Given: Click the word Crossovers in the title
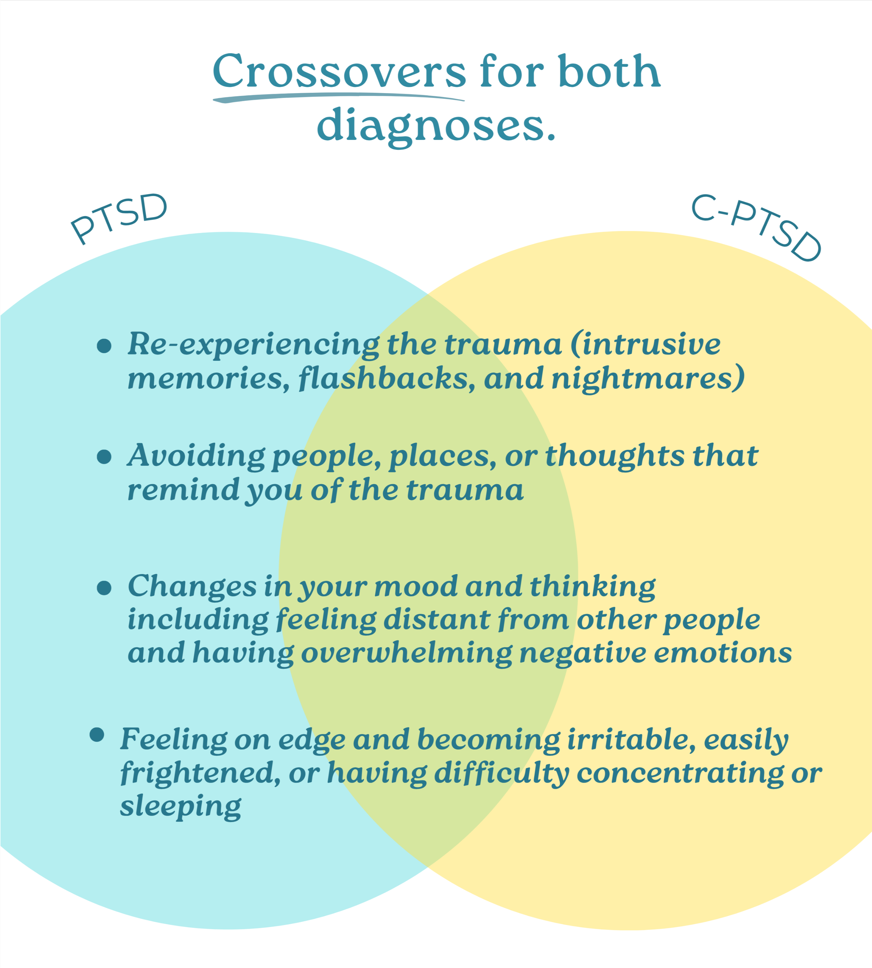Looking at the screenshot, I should click(339, 72).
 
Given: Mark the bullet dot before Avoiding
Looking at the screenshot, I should click(104, 456).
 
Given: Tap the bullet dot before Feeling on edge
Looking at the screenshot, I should click(97, 735).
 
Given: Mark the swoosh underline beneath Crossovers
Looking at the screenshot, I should click(339, 97).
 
